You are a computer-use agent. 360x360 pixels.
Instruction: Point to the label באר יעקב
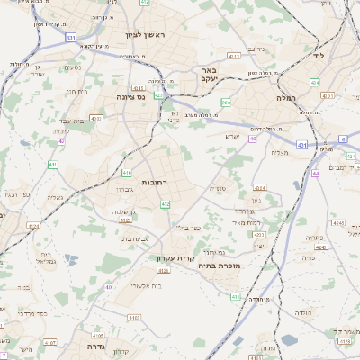pos(210,75)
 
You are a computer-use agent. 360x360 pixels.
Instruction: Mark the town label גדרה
pos(94,345)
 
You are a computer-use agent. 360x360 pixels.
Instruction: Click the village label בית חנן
pos(76,91)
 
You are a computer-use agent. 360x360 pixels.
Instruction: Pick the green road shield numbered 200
pos(225,103)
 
